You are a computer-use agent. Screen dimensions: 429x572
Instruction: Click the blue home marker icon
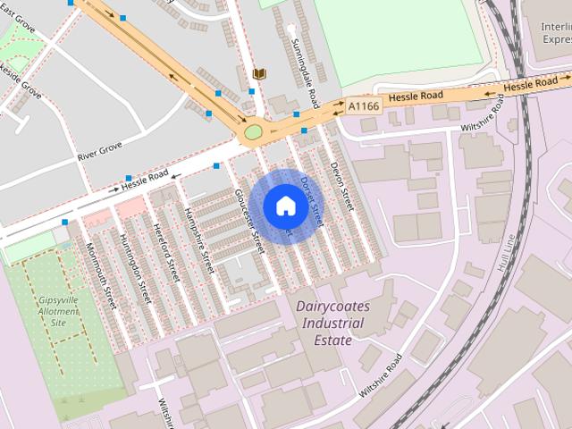coord(285,206)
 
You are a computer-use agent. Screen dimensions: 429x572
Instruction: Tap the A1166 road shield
coord(363,105)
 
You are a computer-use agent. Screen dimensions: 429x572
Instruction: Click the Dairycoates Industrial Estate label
coord(330,323)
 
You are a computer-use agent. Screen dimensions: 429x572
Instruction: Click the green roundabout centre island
coord(253,133)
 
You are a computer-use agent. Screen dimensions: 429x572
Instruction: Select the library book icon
coord(259,72)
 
